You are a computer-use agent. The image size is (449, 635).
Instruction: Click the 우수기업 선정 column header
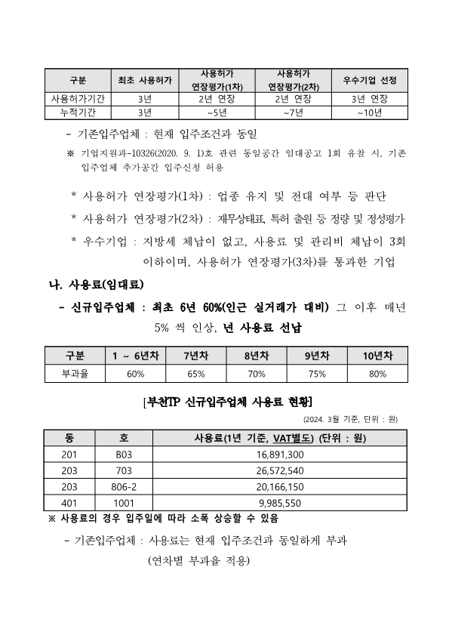[370, 80]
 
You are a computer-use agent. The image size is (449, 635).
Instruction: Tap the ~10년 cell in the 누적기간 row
[370, 113]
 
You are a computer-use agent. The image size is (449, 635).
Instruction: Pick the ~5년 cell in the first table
[217, 113]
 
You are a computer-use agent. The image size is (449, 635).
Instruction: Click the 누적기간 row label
[78, 113]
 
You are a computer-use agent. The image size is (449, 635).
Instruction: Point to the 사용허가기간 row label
[78, 99]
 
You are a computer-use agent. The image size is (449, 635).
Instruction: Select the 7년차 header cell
[195, 356]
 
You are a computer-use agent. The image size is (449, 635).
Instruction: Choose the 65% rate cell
[195, 373]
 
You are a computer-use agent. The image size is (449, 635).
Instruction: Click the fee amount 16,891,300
[280, 455]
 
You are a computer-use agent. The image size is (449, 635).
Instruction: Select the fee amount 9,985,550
[280, 503]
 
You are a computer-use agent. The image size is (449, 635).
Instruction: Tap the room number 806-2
[125, 487]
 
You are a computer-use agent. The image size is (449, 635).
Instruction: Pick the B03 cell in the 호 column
[125, 455]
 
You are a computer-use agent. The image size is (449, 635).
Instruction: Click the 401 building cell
[69, 503]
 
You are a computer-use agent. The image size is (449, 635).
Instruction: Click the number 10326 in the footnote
[140, 153]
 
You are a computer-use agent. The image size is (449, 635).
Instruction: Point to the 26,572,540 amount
[280, 470]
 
